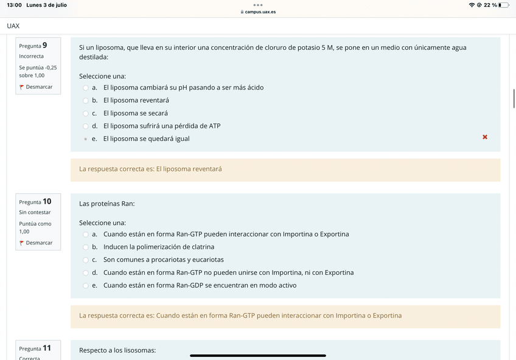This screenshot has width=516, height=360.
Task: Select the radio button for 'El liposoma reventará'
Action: point(86,100)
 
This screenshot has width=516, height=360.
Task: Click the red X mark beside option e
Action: point(485,137)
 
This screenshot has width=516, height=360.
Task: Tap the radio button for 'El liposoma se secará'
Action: point(86,113)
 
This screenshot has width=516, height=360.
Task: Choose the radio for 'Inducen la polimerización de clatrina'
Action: point(86,247)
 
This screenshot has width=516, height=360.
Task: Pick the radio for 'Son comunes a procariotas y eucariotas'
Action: point(86,260)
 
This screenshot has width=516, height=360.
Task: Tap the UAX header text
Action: point(13,26)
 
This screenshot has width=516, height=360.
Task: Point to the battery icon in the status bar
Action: point(503,5)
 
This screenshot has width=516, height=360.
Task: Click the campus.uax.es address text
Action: point(260,12)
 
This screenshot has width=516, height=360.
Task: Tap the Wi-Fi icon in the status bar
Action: point(472,5)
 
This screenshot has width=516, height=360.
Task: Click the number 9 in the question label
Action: point(44,45)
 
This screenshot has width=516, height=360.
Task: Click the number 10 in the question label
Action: point(47,201)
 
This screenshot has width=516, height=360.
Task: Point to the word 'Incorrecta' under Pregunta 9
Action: point(31,57)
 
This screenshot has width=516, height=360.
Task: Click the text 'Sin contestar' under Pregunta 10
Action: point(35,212)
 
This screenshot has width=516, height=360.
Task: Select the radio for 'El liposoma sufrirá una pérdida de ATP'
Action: point(86,126)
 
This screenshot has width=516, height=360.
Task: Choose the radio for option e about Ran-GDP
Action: point(86,285)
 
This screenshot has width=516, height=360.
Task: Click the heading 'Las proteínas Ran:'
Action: point(107,204)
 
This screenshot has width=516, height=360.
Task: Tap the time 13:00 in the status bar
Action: point(15,5)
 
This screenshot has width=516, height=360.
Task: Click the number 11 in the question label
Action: point(47,348)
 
